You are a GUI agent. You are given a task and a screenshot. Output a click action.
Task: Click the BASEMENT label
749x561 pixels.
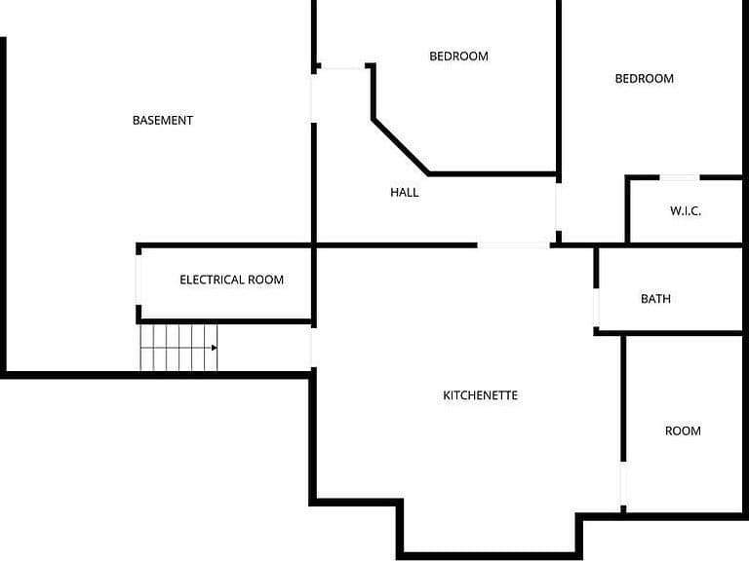[163, 120]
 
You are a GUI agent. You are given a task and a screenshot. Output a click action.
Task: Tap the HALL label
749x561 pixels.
[405, 192]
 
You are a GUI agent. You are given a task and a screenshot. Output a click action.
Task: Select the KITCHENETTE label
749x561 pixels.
[481, 395]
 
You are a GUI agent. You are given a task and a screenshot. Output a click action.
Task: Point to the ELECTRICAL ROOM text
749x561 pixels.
[232, 280]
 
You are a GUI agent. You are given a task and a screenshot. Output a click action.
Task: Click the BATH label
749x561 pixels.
[655, 299]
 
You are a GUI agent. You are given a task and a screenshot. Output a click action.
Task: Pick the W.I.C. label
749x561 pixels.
[686, 210]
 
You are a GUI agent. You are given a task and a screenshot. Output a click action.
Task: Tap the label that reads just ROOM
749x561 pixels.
[683, 430]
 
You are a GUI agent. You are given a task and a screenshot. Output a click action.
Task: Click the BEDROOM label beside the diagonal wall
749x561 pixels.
[458, 56]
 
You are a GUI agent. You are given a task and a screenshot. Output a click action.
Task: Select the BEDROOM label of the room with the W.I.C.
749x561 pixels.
[645, 78]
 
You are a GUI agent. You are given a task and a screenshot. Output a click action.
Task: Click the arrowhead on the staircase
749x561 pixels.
[215, 348]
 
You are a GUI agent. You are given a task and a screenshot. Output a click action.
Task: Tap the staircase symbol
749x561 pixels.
[178, 348]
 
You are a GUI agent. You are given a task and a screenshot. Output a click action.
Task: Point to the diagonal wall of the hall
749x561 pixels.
[400, 146]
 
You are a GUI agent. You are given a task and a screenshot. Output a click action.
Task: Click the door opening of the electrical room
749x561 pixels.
[138, 280]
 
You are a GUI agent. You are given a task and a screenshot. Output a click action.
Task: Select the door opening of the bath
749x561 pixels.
[596, 308]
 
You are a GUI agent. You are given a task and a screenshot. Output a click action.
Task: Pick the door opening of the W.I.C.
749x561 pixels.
[680, 177]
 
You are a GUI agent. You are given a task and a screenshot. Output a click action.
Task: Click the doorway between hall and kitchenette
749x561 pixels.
[514, 245]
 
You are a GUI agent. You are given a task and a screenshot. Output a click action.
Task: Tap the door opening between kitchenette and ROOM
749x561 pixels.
[623, 484]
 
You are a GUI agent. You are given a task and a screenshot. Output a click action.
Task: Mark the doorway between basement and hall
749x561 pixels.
[314, 98]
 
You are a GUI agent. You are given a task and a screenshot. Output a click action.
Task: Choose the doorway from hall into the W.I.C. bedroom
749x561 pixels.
[558, 206]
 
